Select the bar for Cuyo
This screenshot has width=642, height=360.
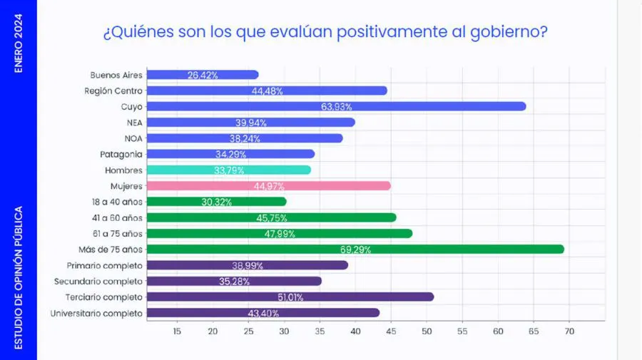coord(335,106)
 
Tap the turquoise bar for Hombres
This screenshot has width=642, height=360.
coord(228,170)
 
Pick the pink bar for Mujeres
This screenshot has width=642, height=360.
coord(268,186)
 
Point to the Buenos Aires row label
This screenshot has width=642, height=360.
coord(117,75)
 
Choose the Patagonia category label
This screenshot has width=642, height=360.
coord(121,154)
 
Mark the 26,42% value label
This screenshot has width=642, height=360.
coord(203,75)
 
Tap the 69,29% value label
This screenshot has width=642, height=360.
coord(355,250)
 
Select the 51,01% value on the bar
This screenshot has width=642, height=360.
coord(290,297)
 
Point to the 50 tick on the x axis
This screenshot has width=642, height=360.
coord(427,331)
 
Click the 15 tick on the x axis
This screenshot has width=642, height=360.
coord(177,331)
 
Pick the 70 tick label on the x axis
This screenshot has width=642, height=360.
coord(569,331)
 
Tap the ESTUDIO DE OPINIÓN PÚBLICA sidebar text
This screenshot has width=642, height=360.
coord(19,277)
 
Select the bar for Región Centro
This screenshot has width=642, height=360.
coord(267,91)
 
